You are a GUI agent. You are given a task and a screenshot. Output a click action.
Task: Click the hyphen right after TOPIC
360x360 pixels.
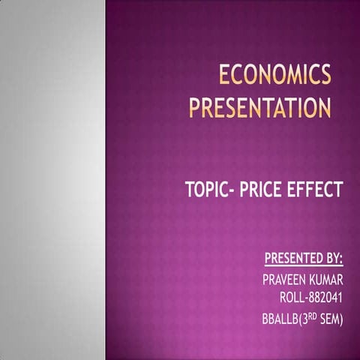click(x=236, y=189)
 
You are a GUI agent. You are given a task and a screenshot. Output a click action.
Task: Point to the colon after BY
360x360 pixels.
click(x=342, y=261)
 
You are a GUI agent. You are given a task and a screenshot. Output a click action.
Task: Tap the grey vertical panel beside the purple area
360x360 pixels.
click(x=52, y=180)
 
